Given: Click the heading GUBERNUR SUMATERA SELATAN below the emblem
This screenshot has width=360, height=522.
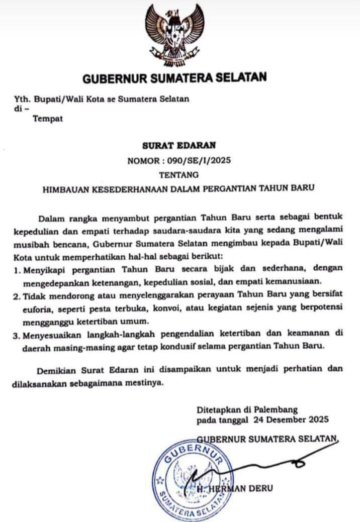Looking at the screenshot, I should point(174,78).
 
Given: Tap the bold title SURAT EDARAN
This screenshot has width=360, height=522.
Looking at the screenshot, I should point(179,146).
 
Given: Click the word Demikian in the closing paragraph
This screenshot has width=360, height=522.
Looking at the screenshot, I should point(57,369).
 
